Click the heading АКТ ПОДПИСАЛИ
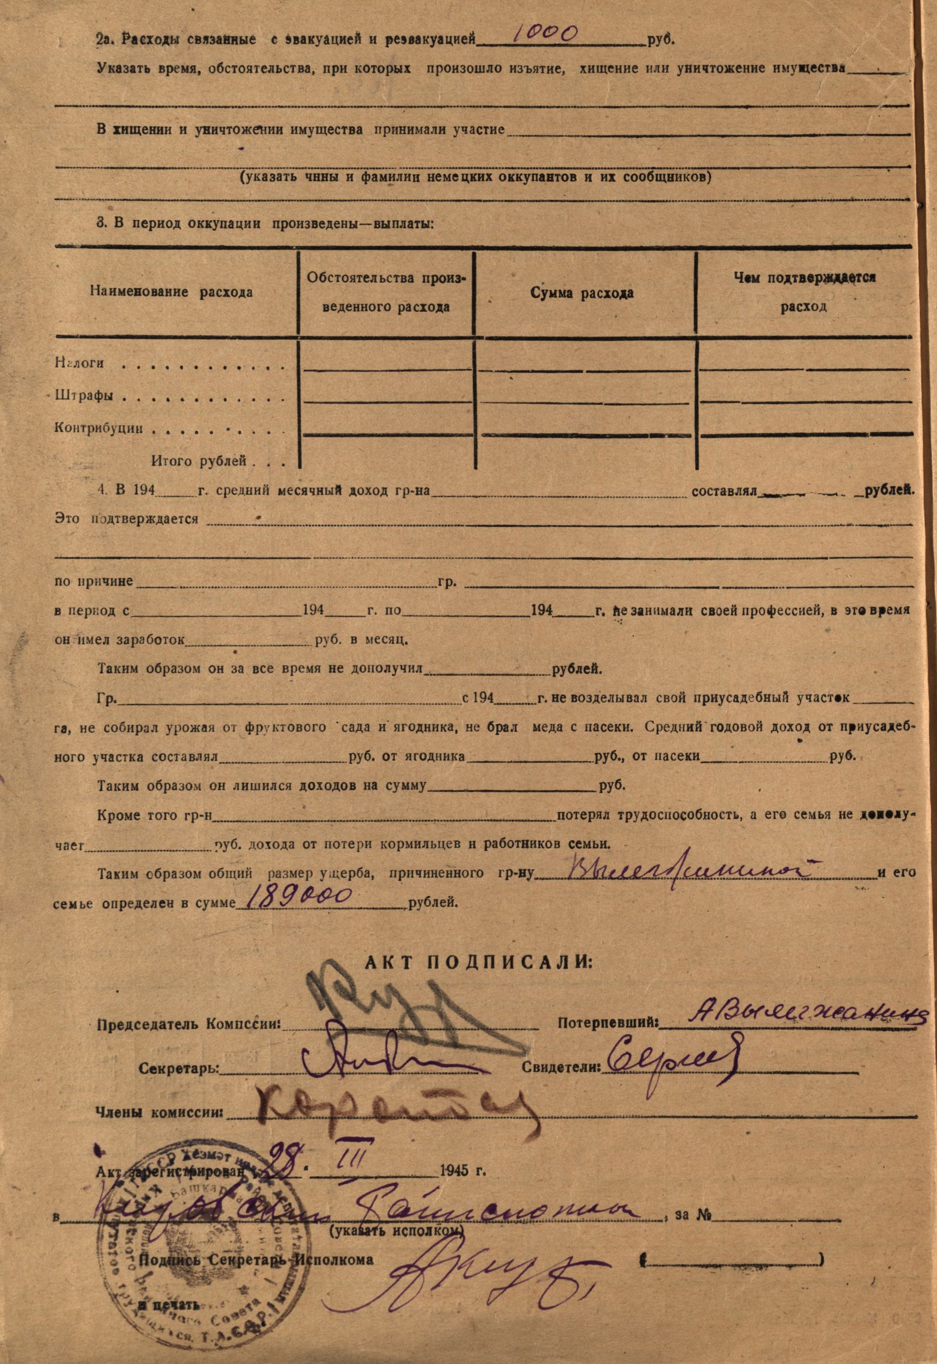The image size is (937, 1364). coord(479,962)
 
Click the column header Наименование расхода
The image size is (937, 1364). coord(171,292)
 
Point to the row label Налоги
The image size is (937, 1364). coord(80,363)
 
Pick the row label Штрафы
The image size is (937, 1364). coord(84,395)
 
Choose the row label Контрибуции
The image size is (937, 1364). coord(99,428)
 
